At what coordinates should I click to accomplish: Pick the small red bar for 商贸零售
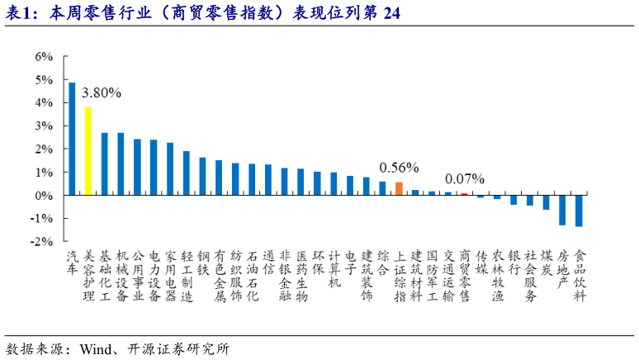(x=464, y=194)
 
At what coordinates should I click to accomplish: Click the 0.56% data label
(x=399, y=168)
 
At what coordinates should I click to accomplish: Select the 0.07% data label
(x=464, y=178)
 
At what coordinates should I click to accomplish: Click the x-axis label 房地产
(x=562, y=269)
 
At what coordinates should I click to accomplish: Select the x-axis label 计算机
(x=334, y=269)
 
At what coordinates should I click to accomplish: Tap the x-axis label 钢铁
(x=203, y=263)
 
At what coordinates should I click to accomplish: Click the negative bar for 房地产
(x=562, y=210)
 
